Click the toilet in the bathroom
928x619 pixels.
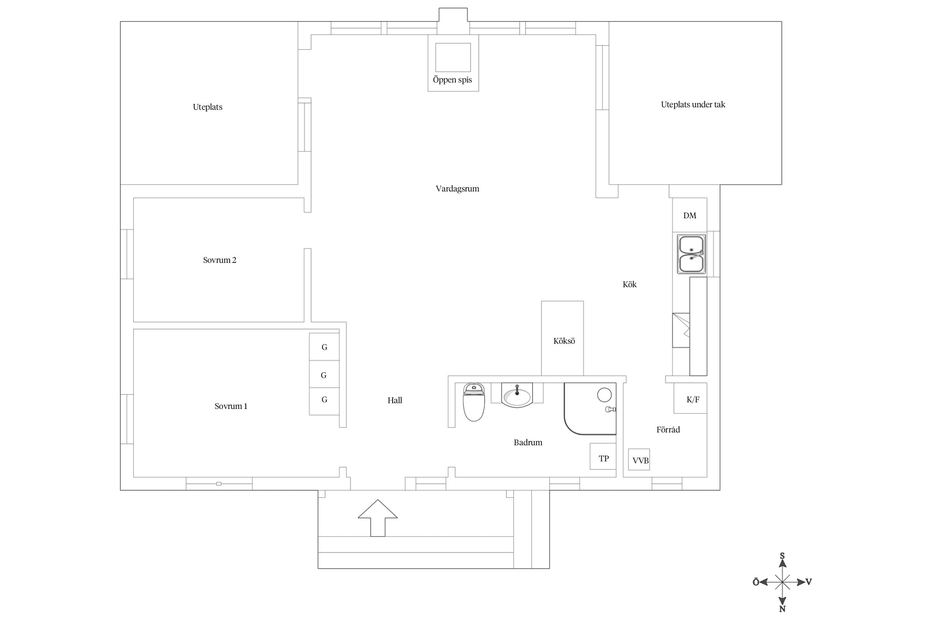pos(473,402)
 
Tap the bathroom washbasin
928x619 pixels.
pos(517,395)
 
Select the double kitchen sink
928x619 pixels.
pos(691,254)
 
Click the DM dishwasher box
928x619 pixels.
pos(690,215)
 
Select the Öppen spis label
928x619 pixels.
pos(452,80)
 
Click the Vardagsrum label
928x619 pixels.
pos(457,189)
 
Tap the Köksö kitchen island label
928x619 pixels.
pos(564,341)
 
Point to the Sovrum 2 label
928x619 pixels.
pos(219,260)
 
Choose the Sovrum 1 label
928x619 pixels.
pos(231,406)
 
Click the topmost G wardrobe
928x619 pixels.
pos(324,347)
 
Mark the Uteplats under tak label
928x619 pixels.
pos(693,104)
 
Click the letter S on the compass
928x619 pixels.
pos(782,556)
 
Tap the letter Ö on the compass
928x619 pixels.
pos(756,582)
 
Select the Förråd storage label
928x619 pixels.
pos(668,429)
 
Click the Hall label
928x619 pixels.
pos(395,400)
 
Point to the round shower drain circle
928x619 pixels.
pos(604,395)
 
